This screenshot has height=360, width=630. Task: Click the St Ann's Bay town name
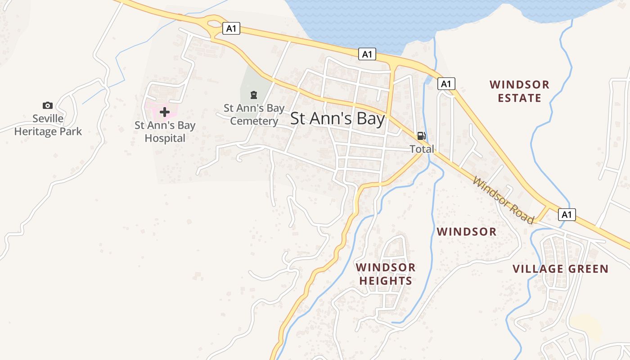point(337,119)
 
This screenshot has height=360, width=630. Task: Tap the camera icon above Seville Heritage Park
point(47,105)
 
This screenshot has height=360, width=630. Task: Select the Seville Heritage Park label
point(48,125)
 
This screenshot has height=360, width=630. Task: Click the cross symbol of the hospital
point(165,112)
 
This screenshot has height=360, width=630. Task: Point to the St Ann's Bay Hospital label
point(165,132)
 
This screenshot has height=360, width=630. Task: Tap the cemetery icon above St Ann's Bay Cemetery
point(254,95)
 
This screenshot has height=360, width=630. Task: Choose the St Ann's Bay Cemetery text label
point(254,115)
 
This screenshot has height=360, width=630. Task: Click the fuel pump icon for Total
point(421,136)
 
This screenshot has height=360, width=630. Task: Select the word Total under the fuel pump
point(422,149)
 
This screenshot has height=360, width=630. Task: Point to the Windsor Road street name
point(504,201)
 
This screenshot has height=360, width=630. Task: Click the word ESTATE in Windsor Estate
point(520,98)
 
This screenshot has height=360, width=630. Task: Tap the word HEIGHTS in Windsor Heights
point(386,281)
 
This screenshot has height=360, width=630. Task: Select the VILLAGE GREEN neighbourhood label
point(560,269)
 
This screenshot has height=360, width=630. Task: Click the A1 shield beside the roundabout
point(231,29)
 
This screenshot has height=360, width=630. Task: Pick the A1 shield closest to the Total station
point(446,84)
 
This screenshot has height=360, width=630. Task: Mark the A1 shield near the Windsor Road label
point(567,214)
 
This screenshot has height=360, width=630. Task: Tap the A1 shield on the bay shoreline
point(367,54)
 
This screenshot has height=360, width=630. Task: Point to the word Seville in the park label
point(48,119)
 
